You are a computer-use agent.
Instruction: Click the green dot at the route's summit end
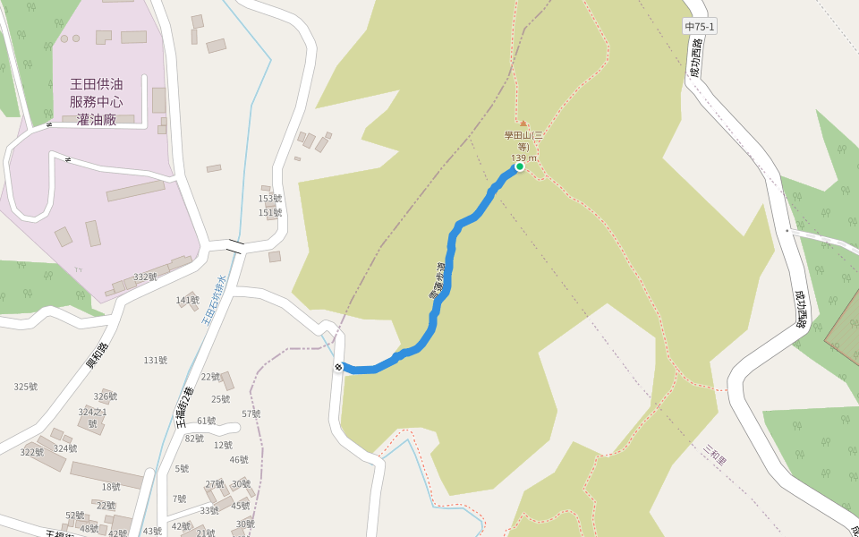(519, 166)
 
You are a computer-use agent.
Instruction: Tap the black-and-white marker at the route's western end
(339, 366)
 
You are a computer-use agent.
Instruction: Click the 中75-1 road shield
(700, 28)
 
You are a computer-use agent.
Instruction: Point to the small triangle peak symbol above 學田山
(523, 124)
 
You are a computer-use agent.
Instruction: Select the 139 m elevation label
(523, 158)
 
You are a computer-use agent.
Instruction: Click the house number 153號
(270, 199)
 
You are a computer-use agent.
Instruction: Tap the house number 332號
(145, 277)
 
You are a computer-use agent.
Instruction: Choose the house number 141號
(188, 301)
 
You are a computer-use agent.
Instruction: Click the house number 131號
(156, 361)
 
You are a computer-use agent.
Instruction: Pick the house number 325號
(26, 387)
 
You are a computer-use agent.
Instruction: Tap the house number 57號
(251, 413)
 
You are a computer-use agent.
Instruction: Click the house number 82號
(194, 439)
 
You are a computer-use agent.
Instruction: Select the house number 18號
(111, 487)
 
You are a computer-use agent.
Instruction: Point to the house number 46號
(239, 460)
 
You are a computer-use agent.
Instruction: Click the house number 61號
(206, 421)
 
